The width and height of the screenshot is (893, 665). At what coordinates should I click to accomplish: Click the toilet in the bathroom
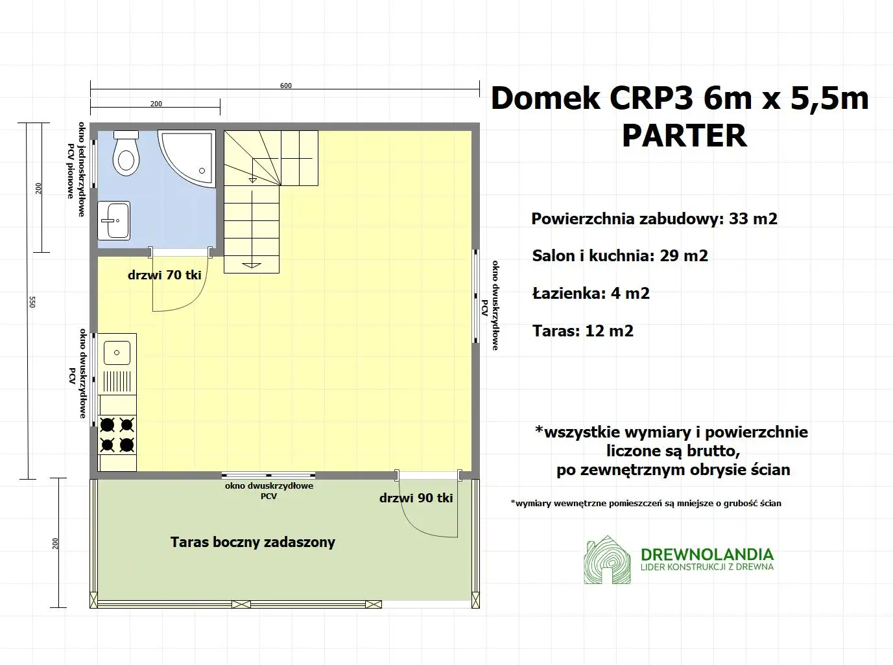[x=126, y=154]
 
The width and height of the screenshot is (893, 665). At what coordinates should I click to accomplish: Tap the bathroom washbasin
[x=114, y=220]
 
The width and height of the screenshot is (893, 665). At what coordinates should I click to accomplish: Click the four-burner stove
[x=117, y=434]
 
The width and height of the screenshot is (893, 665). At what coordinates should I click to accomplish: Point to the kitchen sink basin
[x=117, y=353]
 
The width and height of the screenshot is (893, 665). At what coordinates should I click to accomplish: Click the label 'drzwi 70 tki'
[x=164, y=275]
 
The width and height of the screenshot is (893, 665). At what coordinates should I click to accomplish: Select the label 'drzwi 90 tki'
[x=416, y=498]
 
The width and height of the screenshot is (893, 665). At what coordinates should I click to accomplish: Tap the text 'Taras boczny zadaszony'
[x=252, y=542]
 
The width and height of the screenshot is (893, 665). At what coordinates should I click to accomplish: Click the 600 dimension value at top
[x=286, y=86]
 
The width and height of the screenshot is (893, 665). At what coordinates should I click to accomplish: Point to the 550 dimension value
[x=32, y=301]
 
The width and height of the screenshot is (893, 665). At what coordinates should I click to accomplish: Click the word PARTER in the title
[x=684, y=135]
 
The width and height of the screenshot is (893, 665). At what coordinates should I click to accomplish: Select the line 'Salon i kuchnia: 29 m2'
[x=620, y=256]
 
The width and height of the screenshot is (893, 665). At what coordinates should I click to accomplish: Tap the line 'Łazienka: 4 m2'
[x=591, y=294]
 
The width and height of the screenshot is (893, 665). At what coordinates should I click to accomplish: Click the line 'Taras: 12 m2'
[x=582, y=331]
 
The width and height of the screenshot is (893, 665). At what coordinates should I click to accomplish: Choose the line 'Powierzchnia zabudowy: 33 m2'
[x=654, y=218]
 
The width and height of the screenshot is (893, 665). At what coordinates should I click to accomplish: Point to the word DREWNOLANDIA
[x=707, y=554]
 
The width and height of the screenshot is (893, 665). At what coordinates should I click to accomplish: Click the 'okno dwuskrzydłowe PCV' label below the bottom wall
[x=268, y=491]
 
